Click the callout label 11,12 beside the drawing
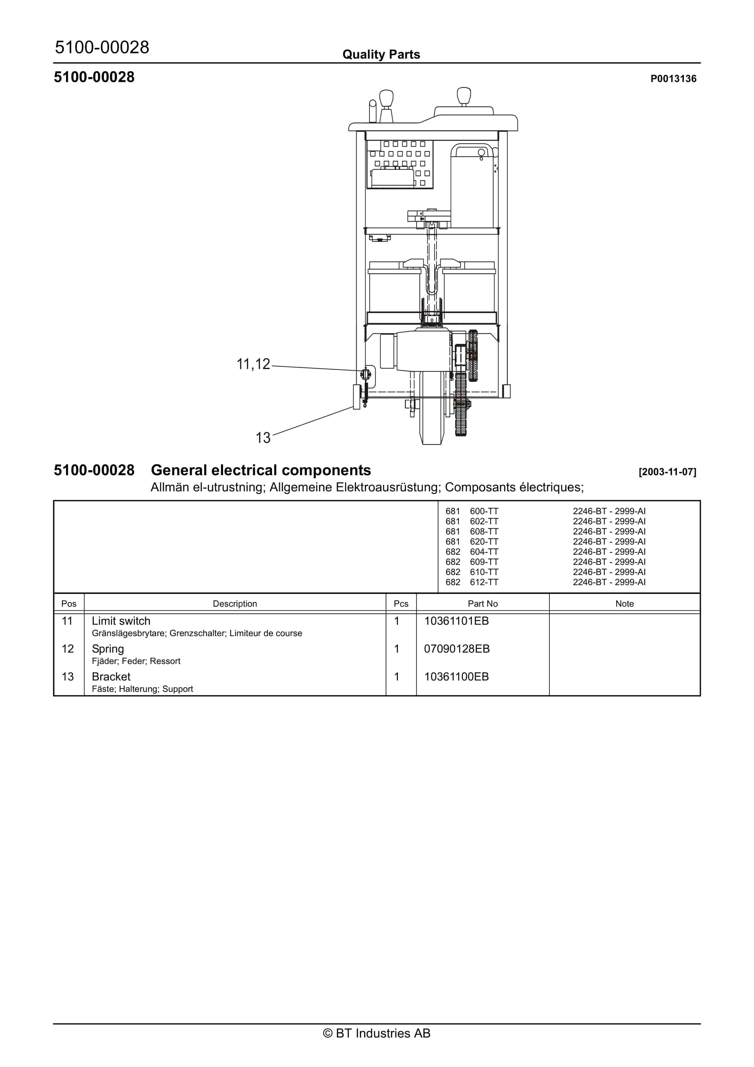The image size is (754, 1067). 253,364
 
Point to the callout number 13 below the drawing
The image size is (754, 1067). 263,438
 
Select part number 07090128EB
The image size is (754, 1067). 457,649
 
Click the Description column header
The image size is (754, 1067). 235,604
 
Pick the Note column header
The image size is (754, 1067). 624,604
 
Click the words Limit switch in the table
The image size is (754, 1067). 121,621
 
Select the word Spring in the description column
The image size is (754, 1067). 108,649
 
